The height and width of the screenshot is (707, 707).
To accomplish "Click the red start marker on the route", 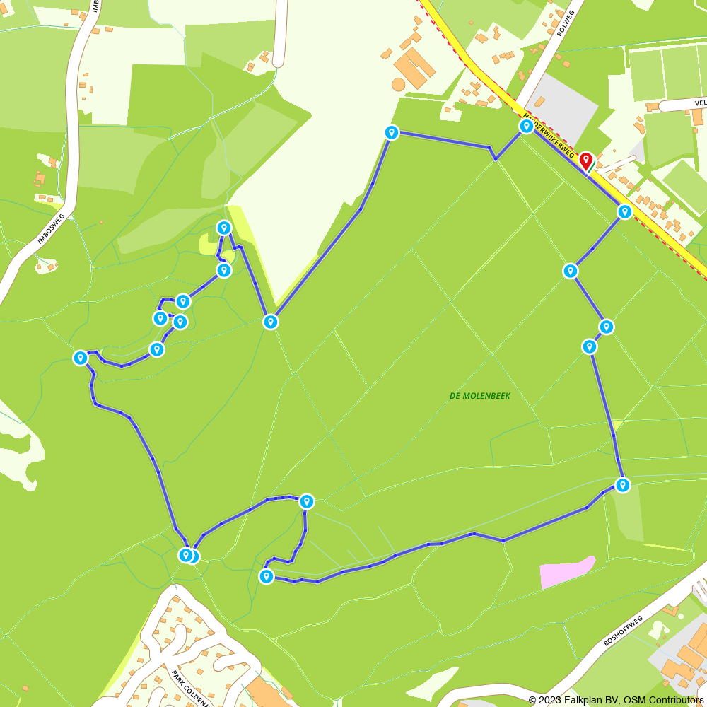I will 585,161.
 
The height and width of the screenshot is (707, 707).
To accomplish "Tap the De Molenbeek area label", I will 479,396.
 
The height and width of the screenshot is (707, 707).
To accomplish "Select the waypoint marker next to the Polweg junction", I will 526,127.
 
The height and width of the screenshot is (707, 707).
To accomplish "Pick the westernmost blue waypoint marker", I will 81,358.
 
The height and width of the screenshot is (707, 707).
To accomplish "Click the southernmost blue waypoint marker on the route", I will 266,577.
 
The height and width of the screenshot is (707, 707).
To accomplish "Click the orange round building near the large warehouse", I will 399,84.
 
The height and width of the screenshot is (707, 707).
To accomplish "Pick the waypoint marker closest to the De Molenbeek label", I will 589,346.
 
